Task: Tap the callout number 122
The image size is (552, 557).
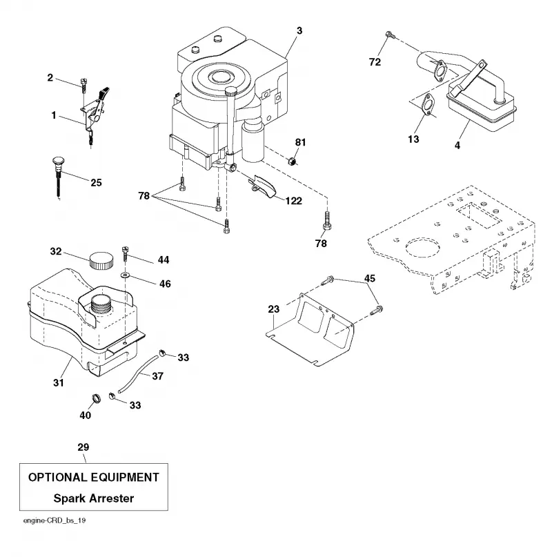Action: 293,201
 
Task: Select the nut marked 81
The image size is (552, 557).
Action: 292,162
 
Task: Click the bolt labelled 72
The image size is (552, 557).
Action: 389,35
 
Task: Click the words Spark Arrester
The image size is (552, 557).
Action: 94,498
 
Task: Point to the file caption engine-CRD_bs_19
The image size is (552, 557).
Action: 55,521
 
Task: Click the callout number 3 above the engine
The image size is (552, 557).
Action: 299,31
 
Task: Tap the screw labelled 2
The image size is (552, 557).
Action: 83,84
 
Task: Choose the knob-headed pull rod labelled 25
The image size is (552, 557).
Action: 57,177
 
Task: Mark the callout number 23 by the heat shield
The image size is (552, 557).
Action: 274,309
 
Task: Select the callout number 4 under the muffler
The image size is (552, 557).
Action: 457,145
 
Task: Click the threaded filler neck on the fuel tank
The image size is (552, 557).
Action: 102,304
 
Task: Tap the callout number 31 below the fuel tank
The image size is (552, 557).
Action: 59,382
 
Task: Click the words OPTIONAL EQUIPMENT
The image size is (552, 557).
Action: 94,477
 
